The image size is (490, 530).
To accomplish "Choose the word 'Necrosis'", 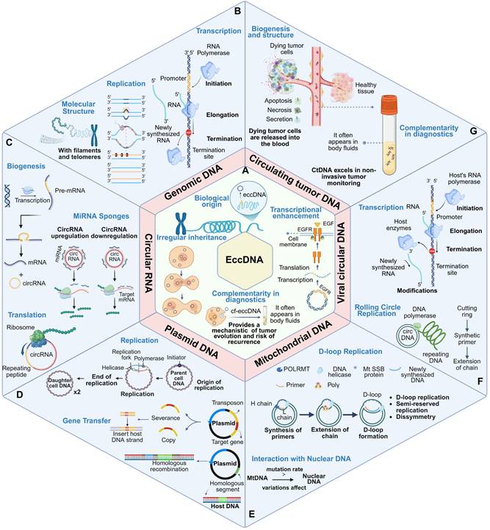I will [x=288, y=124].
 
